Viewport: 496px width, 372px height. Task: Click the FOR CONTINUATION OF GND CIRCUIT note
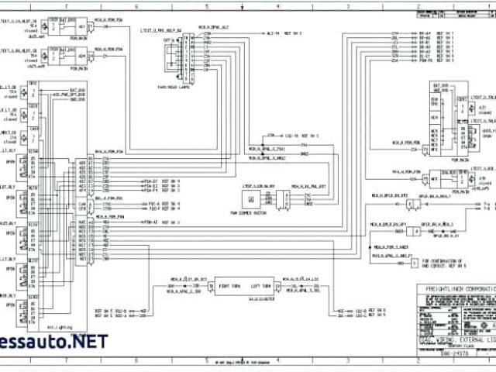point(437,263)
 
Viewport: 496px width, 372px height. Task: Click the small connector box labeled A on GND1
point(415,231)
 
